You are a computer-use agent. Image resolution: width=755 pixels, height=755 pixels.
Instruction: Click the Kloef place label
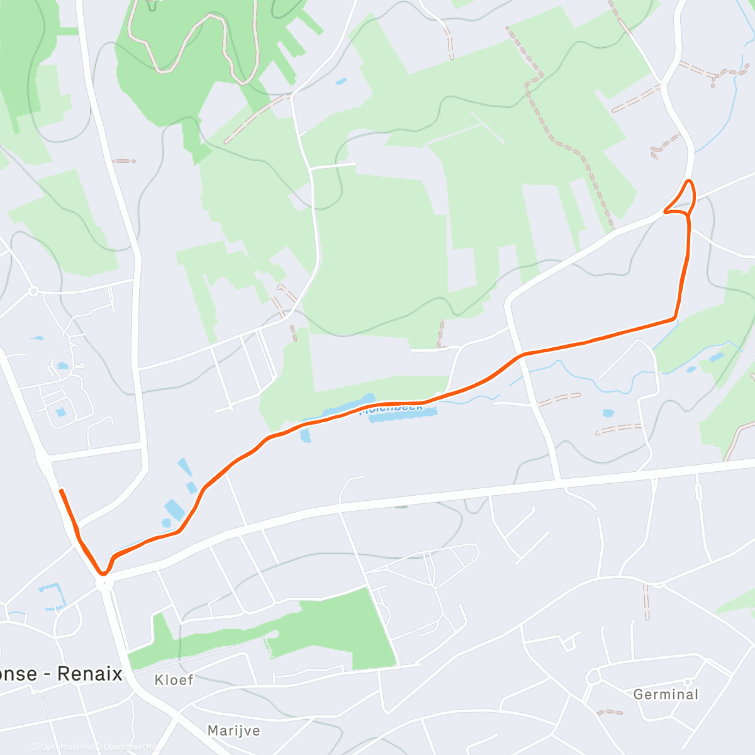(x=174, y=680)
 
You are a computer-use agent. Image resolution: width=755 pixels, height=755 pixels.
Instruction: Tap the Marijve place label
(x=233, y=730)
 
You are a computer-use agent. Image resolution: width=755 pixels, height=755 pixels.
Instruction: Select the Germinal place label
(x=666, y=695)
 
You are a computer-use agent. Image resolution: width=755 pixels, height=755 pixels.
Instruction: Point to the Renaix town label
(x=90, y=674)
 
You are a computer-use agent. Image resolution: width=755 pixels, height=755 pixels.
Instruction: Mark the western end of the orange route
(x=61, y=490)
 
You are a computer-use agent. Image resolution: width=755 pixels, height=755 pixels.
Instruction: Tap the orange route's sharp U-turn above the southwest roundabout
(x=103, y=573)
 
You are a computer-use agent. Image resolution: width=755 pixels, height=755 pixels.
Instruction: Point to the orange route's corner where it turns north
(x=675, y=318)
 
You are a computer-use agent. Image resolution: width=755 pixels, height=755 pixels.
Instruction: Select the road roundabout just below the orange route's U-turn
(x=104, y=584)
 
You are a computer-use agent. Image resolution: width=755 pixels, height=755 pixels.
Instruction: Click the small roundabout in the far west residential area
(x=33, y=291)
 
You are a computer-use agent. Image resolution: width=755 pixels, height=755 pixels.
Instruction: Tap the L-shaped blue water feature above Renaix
(x=53, y=595)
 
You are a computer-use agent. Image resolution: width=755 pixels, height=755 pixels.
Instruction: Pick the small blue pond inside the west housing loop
(x=60, y=412)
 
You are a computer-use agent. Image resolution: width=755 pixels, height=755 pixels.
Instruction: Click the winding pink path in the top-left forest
(x=189, y=44)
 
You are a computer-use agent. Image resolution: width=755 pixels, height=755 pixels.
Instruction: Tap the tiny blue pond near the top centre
(x=340, y=82)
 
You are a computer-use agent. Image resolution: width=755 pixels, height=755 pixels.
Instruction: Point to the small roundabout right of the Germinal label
(x=688, y=682)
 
